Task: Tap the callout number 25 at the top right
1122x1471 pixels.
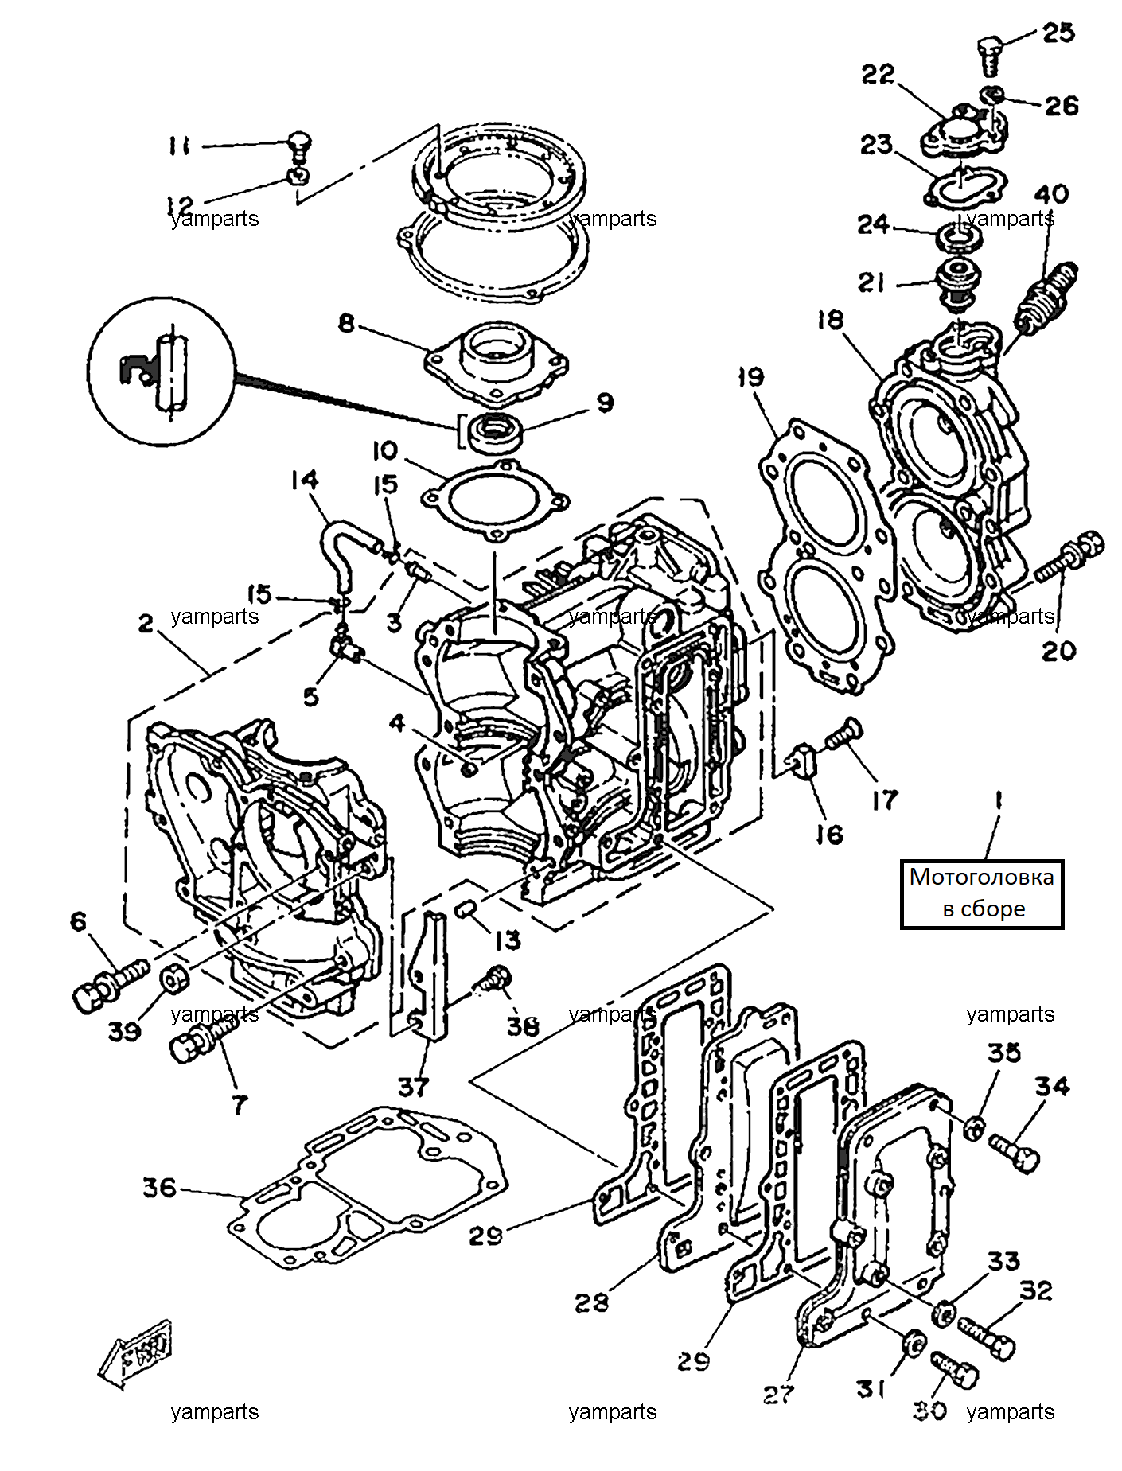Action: (1058, 33)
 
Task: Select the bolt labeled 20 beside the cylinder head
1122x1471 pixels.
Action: (1069, 558)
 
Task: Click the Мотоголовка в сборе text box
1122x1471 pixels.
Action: (982, 893)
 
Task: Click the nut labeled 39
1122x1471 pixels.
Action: (173, 981)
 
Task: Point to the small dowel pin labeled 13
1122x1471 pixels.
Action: (466, 909)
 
